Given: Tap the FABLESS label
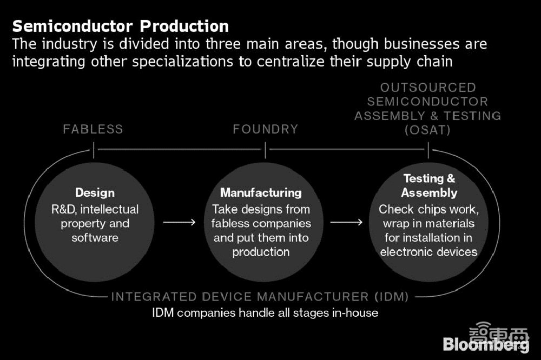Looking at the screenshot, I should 93,129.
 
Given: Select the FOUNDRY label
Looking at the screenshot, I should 265,129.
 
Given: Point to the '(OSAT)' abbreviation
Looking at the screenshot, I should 428,130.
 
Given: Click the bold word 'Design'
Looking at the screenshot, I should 95,192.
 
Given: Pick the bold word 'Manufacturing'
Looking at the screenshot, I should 261,192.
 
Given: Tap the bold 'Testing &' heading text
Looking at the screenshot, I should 429,178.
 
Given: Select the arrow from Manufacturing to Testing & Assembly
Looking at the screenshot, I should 346,222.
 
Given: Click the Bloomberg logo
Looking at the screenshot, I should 486,344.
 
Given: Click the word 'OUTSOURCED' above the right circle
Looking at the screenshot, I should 428,88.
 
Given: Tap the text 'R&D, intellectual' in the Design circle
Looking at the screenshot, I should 95,209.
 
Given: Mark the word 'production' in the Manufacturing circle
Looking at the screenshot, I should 261,251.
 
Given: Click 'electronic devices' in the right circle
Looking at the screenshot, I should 429,251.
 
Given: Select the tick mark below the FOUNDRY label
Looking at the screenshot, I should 265,149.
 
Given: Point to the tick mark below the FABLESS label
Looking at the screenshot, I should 94,149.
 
